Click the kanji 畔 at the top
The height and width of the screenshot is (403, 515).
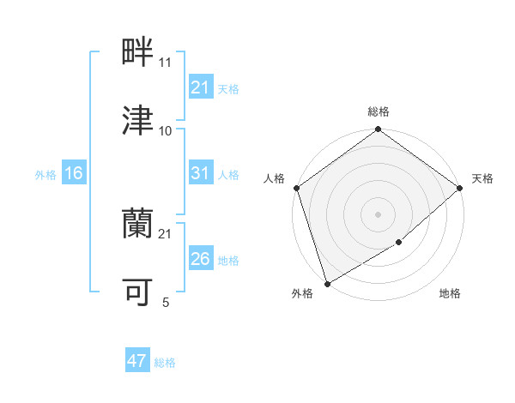[138, 52]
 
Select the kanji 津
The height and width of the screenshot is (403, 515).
[138, 121]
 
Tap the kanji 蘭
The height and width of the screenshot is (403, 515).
[138, 224]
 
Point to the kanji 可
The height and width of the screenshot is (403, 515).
[138, 292]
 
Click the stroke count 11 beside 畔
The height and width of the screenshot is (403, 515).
[166, 63]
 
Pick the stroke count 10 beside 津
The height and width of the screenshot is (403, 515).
[166, 131]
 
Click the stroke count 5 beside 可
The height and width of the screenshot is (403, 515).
[166, 303]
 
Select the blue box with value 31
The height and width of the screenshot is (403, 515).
[200, 173]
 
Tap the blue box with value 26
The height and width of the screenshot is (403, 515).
[200, 259]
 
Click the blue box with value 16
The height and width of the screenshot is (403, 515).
[74, 173]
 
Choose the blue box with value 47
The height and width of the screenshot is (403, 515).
[137, 361]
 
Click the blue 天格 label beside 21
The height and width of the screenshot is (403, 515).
[228, 88]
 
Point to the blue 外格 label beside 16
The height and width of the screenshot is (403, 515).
[45, 174]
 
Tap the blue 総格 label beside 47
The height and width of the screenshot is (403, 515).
[165, 363]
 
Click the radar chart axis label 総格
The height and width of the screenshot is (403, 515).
[378, 111]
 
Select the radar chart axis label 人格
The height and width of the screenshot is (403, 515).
[275, 178]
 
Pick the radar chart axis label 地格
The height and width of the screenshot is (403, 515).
[450, 294]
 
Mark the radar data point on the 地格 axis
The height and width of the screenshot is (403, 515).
[399, 243]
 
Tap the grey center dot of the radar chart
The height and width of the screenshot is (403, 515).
[378, 214]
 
